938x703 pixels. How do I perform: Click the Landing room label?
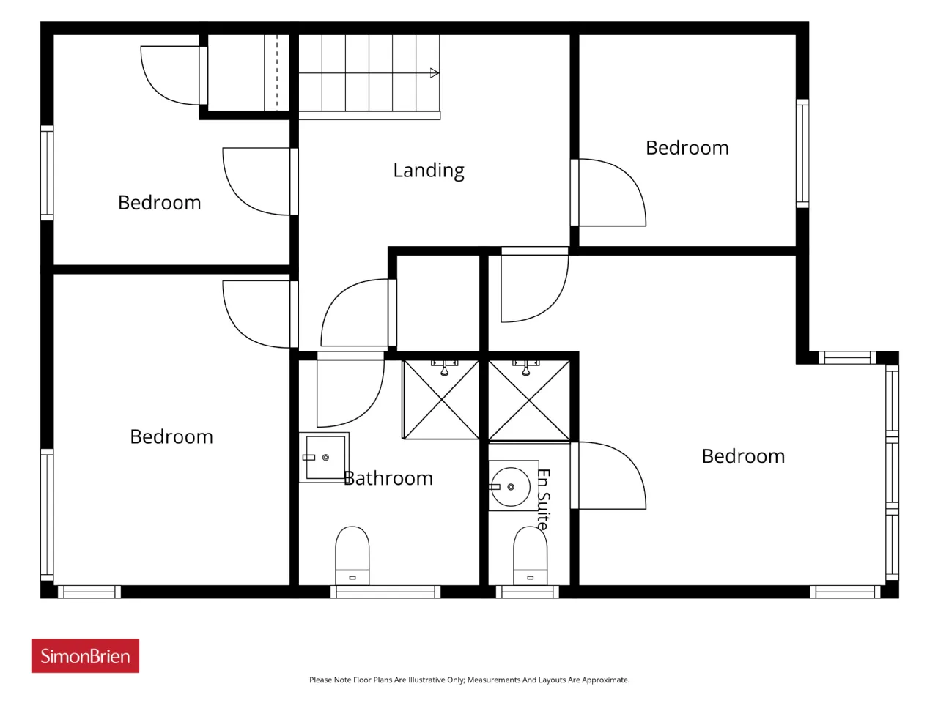coord(428,171)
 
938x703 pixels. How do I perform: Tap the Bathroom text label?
coord(388,478)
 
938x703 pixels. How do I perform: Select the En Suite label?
coord(543,499)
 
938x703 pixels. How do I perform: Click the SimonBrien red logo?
coord(85,655)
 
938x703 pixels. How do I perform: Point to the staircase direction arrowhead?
coord(435,73)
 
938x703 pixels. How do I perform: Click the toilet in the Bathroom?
coord(352,555)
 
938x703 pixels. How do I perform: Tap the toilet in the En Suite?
coord(530,555)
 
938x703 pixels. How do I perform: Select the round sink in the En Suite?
coord(511,486)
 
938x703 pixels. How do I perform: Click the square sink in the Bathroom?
coord(325,458)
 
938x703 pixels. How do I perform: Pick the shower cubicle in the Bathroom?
coord(440,400)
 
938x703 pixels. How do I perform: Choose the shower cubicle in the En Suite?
coord(529,401)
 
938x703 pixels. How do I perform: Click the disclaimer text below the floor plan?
coord(469,680)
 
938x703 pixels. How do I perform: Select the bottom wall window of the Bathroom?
coord(385,592)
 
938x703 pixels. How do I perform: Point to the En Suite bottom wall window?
coord(527,592)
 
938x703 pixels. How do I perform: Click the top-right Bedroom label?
coord(687,148)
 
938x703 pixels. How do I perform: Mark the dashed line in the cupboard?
coord(277,72)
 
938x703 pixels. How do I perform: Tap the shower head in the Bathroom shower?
coord(444,368)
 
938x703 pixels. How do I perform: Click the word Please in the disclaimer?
coord(320,680)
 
